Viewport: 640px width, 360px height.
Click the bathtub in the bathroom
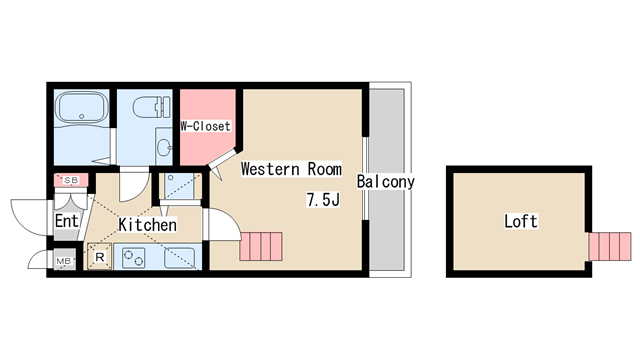(x=82, y=107)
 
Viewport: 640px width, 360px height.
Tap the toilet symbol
(x=152, y=107)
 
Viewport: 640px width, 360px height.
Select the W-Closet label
(x=206, y=126)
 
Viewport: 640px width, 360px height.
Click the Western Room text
(x=291, y=169)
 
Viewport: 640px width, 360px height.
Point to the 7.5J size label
(x=323, y=200)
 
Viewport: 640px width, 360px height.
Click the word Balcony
(x=386, y=182)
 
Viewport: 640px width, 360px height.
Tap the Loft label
(x=520, y=221)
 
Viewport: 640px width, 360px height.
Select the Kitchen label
(x=148, y=224)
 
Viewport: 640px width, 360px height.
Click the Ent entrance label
(x=67, y=221)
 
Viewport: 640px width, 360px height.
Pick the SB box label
(x=71, y=180)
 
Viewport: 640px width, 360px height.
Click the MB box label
(x=63, y=261)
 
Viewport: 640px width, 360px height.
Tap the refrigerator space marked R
(x=100, y=257)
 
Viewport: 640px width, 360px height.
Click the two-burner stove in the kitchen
(x=133, y=258)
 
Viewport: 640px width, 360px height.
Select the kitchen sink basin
(x=180, y=258)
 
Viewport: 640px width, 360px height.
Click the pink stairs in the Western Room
(x=261, y=246)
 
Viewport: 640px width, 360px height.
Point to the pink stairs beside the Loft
(x=610, y=247)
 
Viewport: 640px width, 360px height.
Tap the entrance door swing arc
(x=29, y=217)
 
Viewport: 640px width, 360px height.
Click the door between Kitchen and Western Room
(x=220, y=224)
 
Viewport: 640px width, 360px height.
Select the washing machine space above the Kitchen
(x=179, y=186)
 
